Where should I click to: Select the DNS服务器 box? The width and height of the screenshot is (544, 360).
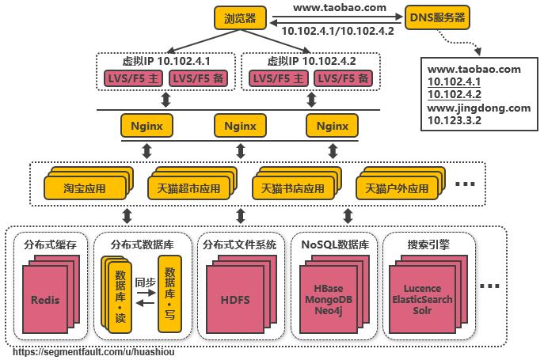(x=436, y=17)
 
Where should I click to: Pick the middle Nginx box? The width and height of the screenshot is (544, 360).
(x=239, y=125)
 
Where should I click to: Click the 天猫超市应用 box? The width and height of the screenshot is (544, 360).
(x=185, y=189)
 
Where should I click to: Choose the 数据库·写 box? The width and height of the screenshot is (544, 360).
(x=169, y=291)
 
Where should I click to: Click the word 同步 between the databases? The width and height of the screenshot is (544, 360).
(x=145, y=281)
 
